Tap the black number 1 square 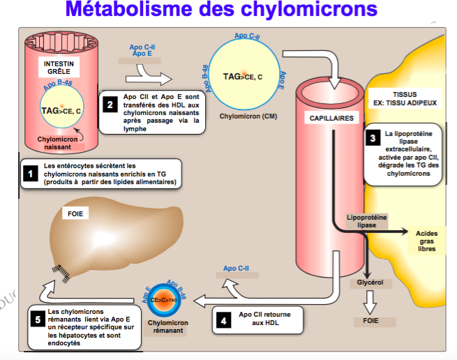click(30, 174)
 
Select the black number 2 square click(109, 105)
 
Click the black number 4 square click(223, 320)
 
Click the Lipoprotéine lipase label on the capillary click(366, 221)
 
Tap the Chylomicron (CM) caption click(249, 116)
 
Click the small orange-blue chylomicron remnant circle click(164, 299)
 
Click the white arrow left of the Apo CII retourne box click(202, 301)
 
